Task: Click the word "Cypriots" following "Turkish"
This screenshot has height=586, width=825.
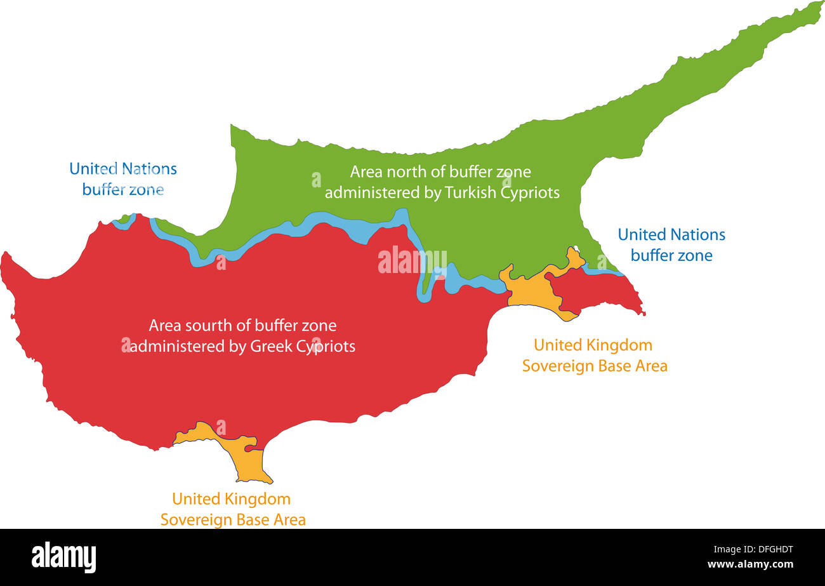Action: (x=531, y=192)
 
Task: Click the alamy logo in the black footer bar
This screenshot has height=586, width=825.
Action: (x=63, y=557)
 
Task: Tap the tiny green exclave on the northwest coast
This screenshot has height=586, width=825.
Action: (x=124, y=219)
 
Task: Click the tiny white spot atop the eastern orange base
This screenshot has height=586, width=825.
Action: (x=576, y=248)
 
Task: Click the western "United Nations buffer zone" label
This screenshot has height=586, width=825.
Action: (x=123, y=179)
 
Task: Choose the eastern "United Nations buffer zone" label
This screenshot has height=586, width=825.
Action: (x=671, y=245)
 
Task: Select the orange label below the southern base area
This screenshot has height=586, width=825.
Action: (x=232, y=509)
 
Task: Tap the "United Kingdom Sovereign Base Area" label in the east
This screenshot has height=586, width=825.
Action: (x=594, y=356)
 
